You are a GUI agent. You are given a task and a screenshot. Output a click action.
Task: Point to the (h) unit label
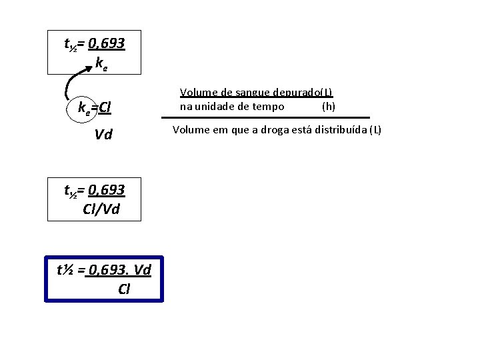tap(329, 106)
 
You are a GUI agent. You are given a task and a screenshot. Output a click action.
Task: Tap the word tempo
tap(269, 106)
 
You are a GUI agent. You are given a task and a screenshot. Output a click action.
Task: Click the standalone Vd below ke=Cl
tap(103, 135)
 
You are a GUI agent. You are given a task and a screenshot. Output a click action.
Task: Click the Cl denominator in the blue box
tap(124, 289)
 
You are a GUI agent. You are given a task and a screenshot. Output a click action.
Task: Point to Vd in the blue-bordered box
tap(142, 270)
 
